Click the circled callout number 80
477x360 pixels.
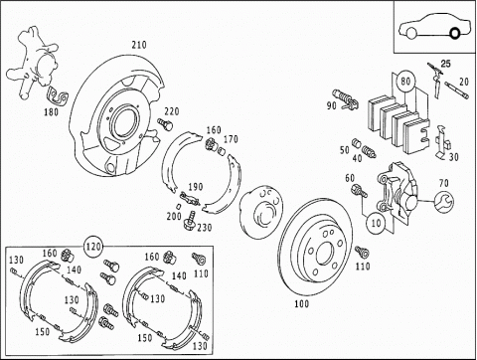click(405, 81)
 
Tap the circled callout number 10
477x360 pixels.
click(376, 223)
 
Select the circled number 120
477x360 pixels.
click(93, 247)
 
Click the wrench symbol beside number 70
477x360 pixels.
click(444, 202)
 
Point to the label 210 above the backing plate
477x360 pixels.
click(139, 45)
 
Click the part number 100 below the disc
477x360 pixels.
click(301, 303)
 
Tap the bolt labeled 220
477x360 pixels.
click(165, 124)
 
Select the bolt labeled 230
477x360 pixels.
click(189, 220)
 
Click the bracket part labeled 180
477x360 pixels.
click(58, 96)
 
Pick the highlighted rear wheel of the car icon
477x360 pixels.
click(454, 33)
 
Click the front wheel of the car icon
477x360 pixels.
click(411, 33)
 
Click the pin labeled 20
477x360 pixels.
click(456, 90)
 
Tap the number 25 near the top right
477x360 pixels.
click(445, 64)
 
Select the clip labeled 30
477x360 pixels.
click(442, 141)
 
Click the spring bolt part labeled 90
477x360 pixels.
click(347, 98)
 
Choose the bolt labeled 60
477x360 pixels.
click(360, 191)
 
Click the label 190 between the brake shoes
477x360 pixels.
click(196, 187)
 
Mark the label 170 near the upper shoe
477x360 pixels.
click(231, 139)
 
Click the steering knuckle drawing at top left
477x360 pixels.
click(33, 63)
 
